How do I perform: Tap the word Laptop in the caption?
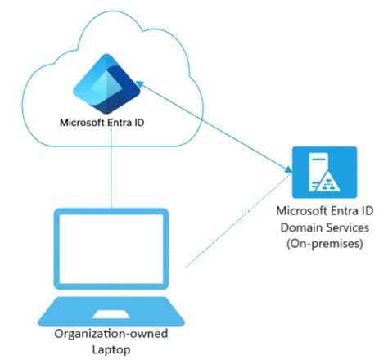coord(110,350)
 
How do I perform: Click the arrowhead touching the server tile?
coord(288,170)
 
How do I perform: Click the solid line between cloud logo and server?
coord(214,127)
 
